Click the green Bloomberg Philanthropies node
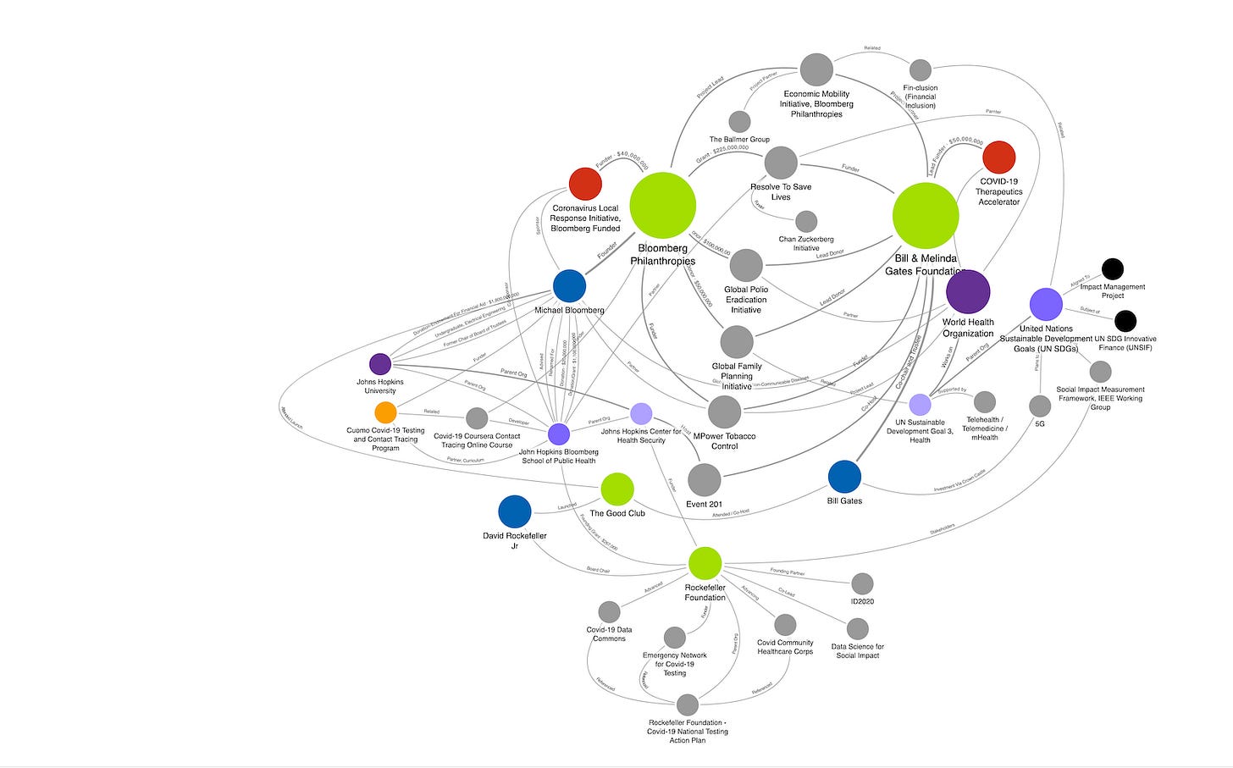663,206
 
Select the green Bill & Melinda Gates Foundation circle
926,216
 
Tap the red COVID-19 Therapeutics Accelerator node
999,157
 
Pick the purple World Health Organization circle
968,292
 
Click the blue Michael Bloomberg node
570,286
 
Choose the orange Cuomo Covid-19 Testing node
385,412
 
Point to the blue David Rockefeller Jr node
515,511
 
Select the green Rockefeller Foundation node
705,563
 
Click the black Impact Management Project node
1113,269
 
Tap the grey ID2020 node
862,583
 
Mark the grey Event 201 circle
704,480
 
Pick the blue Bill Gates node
844,477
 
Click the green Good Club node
617,489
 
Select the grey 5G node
1040,406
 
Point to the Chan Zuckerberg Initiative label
806,244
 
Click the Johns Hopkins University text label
380,386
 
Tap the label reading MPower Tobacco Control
724,441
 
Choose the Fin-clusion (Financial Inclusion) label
921,97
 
